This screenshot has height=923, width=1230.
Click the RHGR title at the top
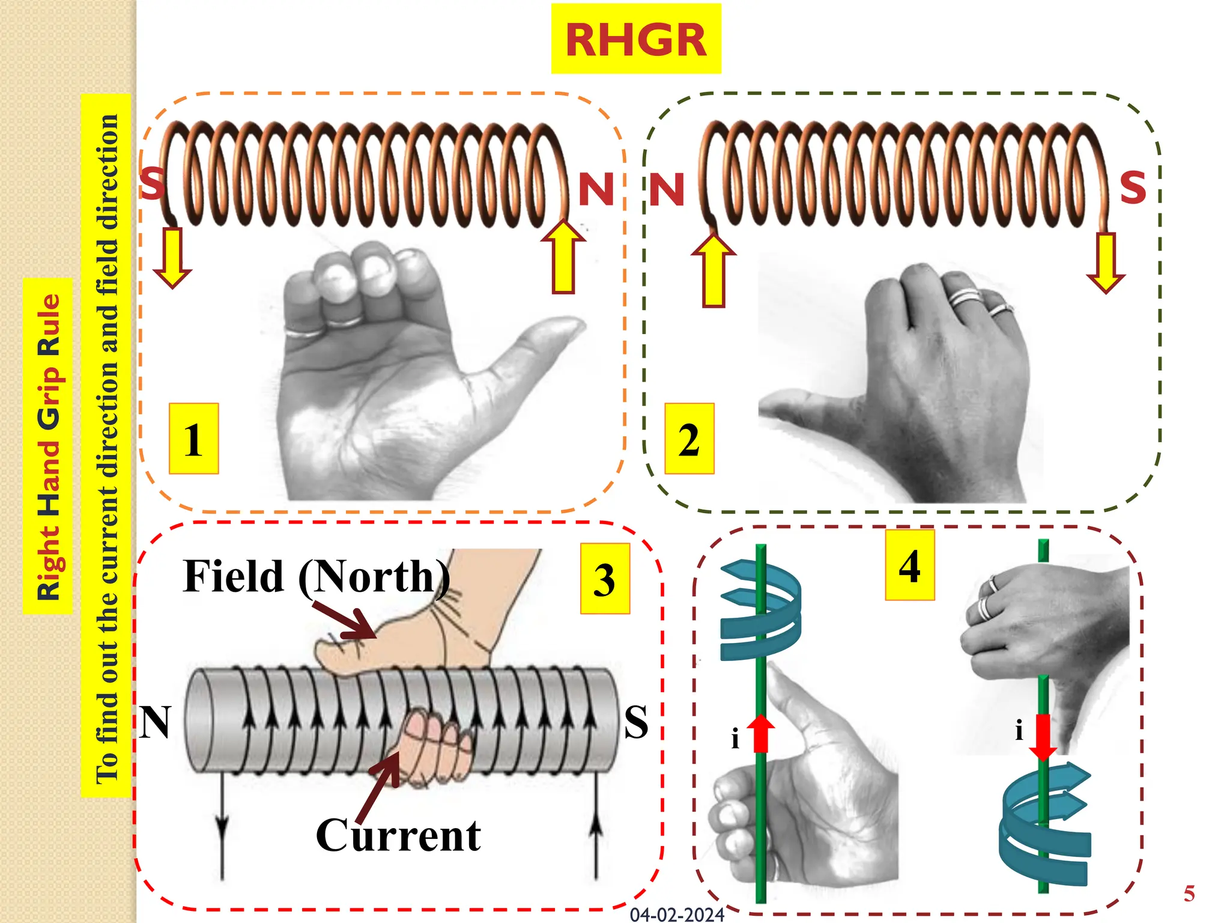[635, 40]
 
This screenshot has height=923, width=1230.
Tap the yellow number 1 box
[193, 439]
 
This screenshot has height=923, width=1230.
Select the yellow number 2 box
[689, 439]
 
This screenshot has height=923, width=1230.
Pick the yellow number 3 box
[605, 579]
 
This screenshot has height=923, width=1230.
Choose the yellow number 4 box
[909, 565]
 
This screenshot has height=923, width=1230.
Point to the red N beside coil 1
[596, 189]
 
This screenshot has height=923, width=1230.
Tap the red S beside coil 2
[1133, 187]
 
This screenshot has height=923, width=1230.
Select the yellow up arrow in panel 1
[563, 257]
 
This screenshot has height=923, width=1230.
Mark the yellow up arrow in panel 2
[713, 270]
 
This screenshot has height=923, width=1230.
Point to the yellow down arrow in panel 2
[1105, 263]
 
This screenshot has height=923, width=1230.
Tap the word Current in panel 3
[398, 835]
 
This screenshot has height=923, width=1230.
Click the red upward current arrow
[761, 733]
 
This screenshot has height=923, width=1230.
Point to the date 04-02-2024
[677, 915]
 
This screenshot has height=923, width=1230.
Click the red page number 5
[1189, 894]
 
